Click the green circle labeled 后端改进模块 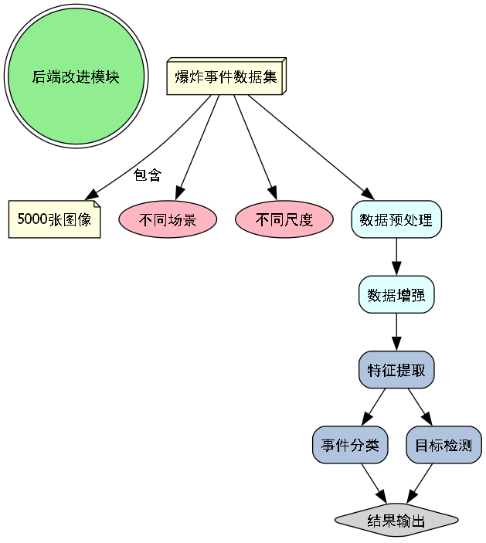pyautogui.click(x=76, y=76)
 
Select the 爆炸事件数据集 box pyautogui.click(x=226, y=77)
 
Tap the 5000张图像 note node pyautogui.click(x=54, y=219)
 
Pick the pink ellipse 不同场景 pyautogui.click(x=168, y=220)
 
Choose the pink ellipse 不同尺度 pyautogui.click(x=284, y=220)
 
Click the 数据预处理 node pyautogui.click(x=396, y=219)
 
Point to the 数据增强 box pyautogui.click(x=396, y=295)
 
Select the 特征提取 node pyautogui.click(x=396, y=370)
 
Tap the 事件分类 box pyautogui.click(x=350, y=445)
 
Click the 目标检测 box pyautogui.click(x=444, y=445)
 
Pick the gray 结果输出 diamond pyautogui.click(x=396, y=521)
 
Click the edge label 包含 pyautogui.click(x=148, y=175)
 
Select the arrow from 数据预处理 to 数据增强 pyautogui.click(x=396, y=256)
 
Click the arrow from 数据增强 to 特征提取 pyautogui.click(x=396, y=332)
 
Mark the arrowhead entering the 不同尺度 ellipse pyautogui.click(x=272, y=193)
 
